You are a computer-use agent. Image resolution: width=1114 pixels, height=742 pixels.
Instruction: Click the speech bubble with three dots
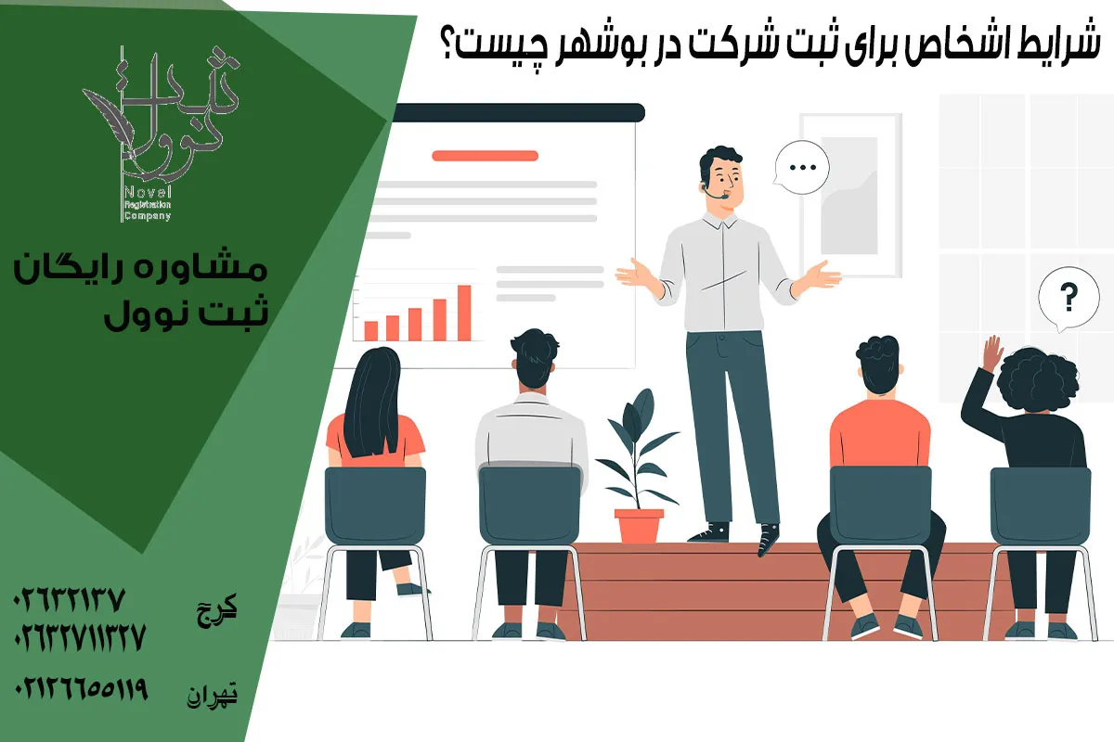click(799, 169)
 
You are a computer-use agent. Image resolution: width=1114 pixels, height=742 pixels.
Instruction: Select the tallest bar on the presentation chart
click(464, 313)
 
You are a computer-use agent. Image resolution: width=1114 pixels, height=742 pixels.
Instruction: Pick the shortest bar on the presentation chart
click(370, 330)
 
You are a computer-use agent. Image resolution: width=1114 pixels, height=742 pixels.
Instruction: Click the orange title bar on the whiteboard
click(485, 156)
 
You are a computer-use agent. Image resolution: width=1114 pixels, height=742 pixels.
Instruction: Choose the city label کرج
click(220, 609)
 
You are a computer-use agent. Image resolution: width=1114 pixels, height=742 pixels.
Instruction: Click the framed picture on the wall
click(849, 194)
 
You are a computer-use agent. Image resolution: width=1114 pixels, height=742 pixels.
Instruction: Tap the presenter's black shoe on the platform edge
click(768, 539)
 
